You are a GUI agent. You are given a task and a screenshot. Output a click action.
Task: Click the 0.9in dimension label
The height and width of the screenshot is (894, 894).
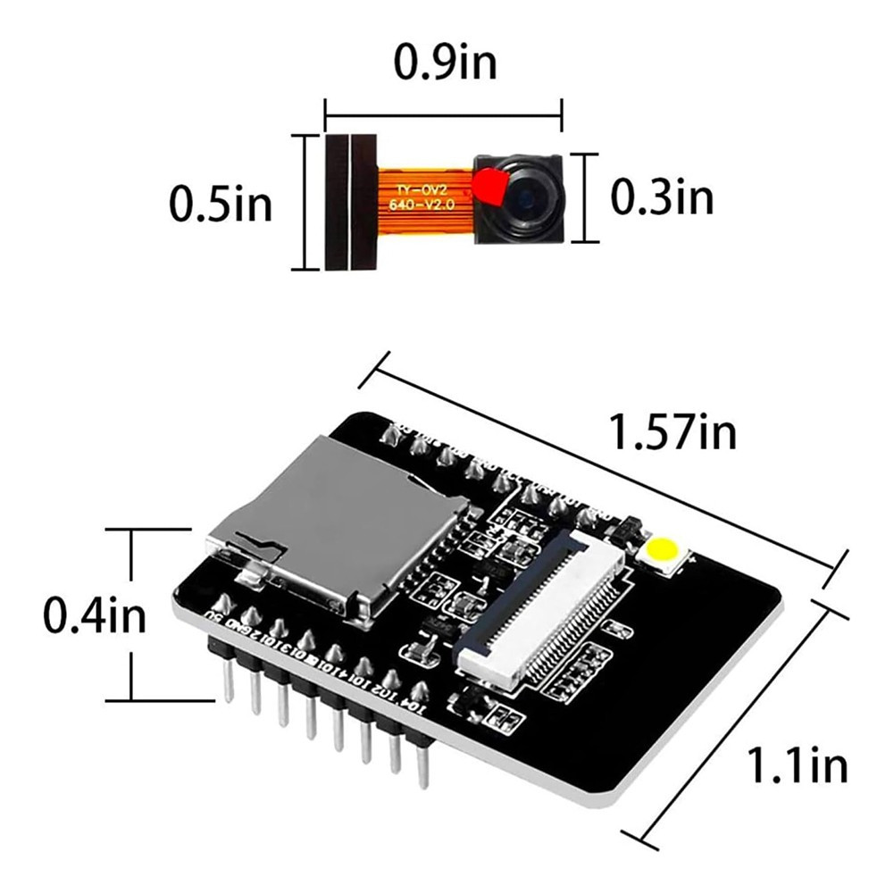[444, 64]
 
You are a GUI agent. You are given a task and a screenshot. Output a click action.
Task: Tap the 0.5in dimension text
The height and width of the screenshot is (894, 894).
[221, 205]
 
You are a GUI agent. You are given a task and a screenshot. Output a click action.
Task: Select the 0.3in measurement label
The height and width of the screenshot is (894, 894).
[662, 197]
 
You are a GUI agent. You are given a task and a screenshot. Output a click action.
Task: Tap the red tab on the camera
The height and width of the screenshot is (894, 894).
[489, 186]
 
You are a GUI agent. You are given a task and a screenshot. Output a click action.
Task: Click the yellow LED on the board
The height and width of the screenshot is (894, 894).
[664, 551]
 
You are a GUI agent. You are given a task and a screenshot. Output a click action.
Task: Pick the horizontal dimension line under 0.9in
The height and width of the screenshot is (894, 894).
[444, 113]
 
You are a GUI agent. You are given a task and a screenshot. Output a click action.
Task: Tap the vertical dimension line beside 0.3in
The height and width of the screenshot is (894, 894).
[585, 197]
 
